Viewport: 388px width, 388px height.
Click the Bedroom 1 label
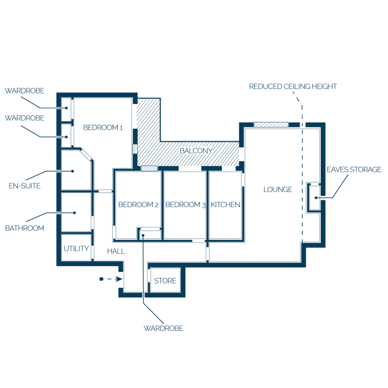pos(103,127)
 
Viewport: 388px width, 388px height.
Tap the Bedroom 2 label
pos(138,205)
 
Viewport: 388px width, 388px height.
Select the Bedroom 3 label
pos(185,205)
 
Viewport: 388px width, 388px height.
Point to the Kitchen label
pos(225,205)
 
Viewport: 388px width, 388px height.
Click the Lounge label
pos(278,189)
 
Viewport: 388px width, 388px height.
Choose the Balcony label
pos(196,151)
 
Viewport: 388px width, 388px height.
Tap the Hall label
pos(116,252)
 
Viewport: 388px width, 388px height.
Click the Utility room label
pos(76,249)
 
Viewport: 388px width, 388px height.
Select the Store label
pos(165,281)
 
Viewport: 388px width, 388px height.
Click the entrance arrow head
pos(119,279)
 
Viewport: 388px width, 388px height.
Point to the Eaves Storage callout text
pos(354,170)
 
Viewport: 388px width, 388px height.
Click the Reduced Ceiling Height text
pos(293,86)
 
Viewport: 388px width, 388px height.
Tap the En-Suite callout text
pos(24,186)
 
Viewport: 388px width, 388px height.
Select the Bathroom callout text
pos(24,228)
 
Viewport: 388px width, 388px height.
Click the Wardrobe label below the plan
pos(164,328)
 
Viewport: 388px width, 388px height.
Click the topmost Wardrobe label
pos(24,91)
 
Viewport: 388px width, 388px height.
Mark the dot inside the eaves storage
pos(316,198)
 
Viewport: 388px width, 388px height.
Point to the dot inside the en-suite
pos(73,171)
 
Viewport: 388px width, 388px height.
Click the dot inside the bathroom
pos(74,213)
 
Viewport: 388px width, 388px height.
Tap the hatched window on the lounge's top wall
pos(271,124)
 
